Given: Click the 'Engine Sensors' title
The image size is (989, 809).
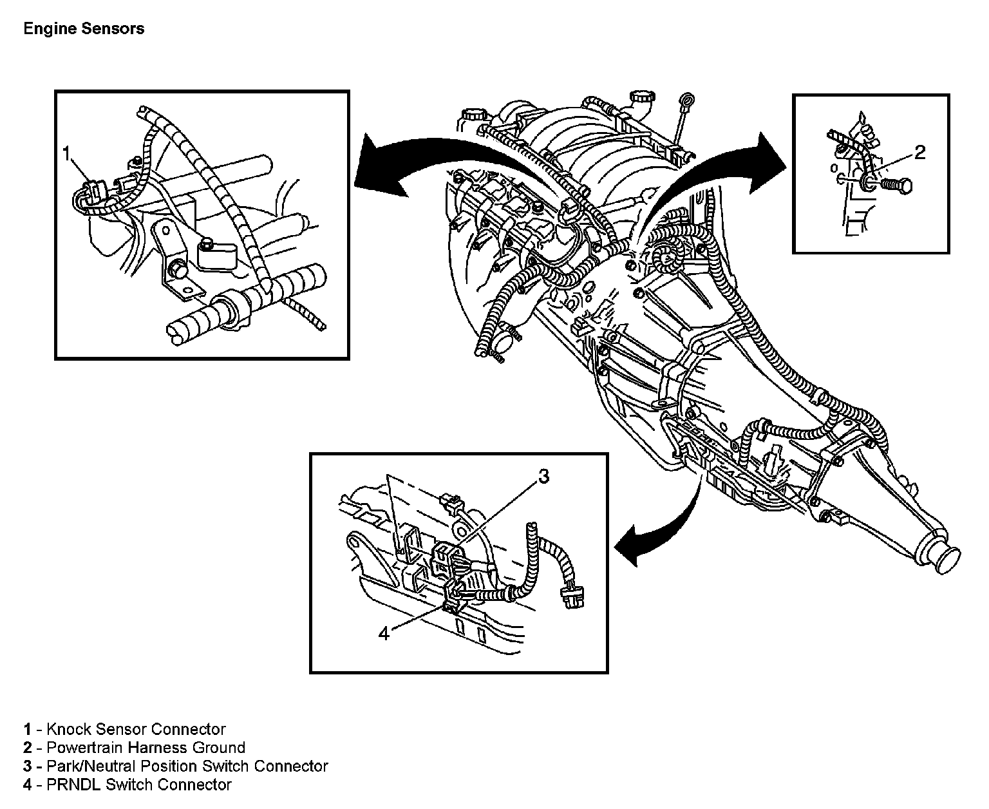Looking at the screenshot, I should (84, 29).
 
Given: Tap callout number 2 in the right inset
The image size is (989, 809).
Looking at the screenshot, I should (920, 152).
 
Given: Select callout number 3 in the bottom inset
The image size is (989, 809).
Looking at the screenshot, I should (543, 477).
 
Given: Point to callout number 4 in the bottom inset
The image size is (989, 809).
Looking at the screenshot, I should (384, 633).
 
